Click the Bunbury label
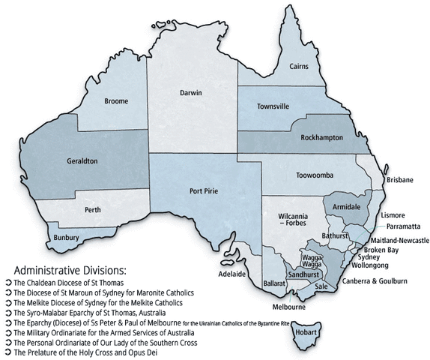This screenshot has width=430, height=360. pyautogui.click(x=67, y=238)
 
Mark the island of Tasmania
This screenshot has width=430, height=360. pyautogui.click(x=309, y=332)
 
